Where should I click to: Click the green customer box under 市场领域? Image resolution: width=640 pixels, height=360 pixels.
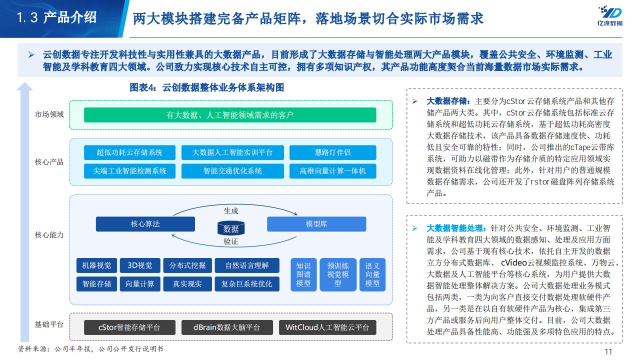(x=230, y=115)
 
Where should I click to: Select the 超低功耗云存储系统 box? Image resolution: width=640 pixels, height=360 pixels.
(x=129, y=152)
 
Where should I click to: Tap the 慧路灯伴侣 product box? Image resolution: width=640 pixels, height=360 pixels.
(x=333, y=152)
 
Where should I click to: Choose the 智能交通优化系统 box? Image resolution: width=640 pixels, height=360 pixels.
(x=232, y=171)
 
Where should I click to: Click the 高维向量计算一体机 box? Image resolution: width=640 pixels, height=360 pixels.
(x=333, y=171)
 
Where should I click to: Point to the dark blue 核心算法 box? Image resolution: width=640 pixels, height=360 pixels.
(x=145, y=224)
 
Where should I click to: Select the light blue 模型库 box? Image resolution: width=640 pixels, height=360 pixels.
(x=316, y=224)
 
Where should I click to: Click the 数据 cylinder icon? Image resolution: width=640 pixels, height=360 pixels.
(x=231, y=228)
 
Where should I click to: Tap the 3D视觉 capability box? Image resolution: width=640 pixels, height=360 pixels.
(x=140, y=265)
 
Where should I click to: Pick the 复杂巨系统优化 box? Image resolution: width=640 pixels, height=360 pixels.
(x=247, y=283)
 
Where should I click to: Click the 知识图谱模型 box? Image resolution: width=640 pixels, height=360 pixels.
(x=303, y=274)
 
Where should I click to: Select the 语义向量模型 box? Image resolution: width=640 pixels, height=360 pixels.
(x=372, y=274)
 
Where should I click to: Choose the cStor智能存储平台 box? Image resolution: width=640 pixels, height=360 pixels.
(x=129, y=327)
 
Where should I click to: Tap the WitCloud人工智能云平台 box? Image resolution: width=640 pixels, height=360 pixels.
(x=327, y=327)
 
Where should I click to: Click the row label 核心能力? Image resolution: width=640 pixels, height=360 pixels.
(x=49, y=235)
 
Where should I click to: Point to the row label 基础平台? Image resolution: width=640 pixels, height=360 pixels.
(x=49, y=324)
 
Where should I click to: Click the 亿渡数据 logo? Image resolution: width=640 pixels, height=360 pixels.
(x=609, y=16)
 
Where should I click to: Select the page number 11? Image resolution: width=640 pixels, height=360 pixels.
(x=608, y=351)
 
